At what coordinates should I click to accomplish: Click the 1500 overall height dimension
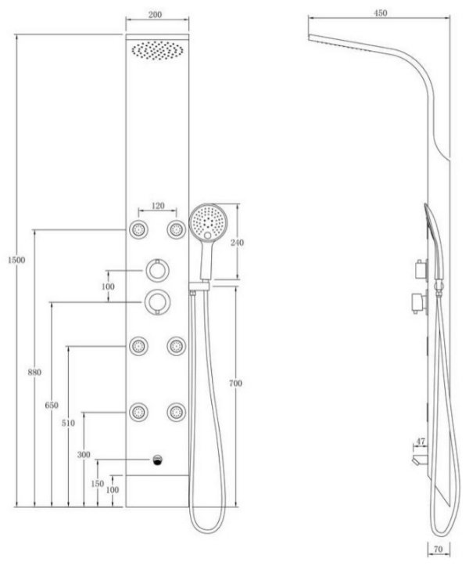click(16, 260)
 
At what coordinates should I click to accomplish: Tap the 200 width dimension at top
click(156, 15)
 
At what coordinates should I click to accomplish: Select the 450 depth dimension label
click(381, 13)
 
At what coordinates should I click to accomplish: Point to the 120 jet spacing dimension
click(158, 206)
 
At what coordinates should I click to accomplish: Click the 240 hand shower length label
click(237, 243)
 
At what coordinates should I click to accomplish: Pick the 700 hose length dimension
click(236, 383)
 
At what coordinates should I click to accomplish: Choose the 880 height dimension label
click(34, 372)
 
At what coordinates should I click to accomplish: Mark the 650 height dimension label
click(52, 406)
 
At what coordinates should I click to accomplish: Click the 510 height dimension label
click(68, 423)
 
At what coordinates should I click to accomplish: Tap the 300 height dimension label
click(84, 455)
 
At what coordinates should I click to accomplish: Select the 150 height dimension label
click(98, 484)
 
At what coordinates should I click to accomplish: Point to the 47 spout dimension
click(421, 441)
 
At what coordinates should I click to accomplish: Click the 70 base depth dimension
click(438, 550)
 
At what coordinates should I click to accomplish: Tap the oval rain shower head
click(157, 50)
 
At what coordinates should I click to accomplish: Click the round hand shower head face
click(209, 222)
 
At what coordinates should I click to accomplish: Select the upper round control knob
click(158, 269)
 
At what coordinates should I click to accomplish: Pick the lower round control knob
click(158, 301)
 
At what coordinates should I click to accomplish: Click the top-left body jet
click(138, 229)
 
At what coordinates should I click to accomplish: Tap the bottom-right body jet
click(177, 412)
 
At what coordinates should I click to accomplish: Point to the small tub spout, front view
click(158, 460)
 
